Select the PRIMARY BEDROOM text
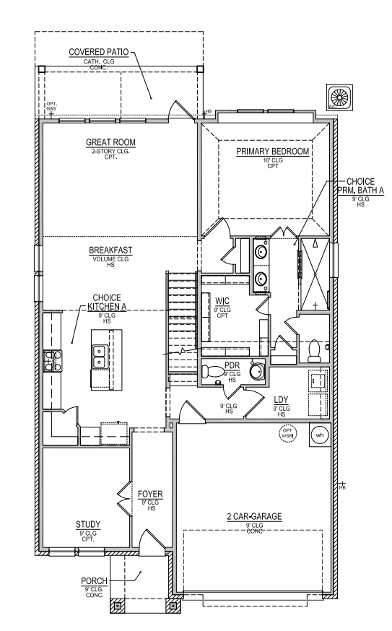pyautogui.click(x=273, y=151)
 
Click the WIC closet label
pyautogui.click(x=222, y=300)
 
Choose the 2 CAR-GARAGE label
pyautogui.click(x=253, y=516)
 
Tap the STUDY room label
pyautogui.click(x=88, y=524)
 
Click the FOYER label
pyautogui.click(x=150, y=494)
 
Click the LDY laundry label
pyautogui.click(x=282, y=399)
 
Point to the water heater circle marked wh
pyautogui.click(x=319, y=435)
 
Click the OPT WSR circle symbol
pyautogui.click(x=288, y=434)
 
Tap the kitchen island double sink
pyautogui.click(x=100, y=355)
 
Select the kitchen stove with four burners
pyautogui.click(x=53, y=360)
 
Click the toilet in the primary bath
pyautogui.click(x=315, y=350)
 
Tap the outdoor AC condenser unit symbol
pyautogui.click(x=339, y=97)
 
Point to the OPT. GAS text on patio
pyautogui.click(x=51, y=105)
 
